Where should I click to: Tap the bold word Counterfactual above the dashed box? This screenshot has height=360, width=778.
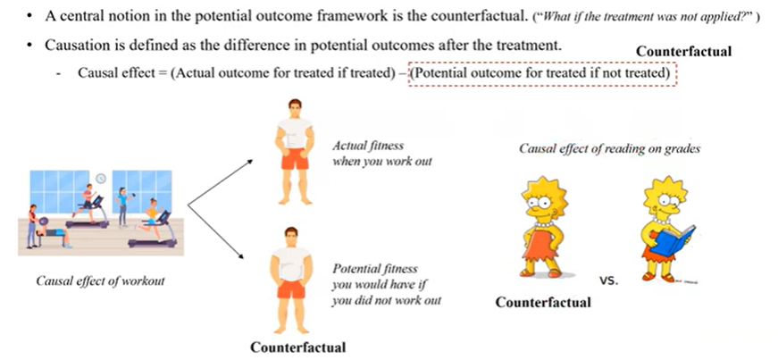(683, 52)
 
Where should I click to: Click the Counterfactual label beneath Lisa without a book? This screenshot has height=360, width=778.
(542, 302)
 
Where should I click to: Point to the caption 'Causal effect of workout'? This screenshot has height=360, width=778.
(100, 281)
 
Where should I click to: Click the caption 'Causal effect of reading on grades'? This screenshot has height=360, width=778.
(609, 149)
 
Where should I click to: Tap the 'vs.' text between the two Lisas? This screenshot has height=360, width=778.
(609, 280)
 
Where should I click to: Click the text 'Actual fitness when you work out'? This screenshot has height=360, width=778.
(369, 153)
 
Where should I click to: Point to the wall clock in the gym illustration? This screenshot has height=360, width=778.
(100, 177)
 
